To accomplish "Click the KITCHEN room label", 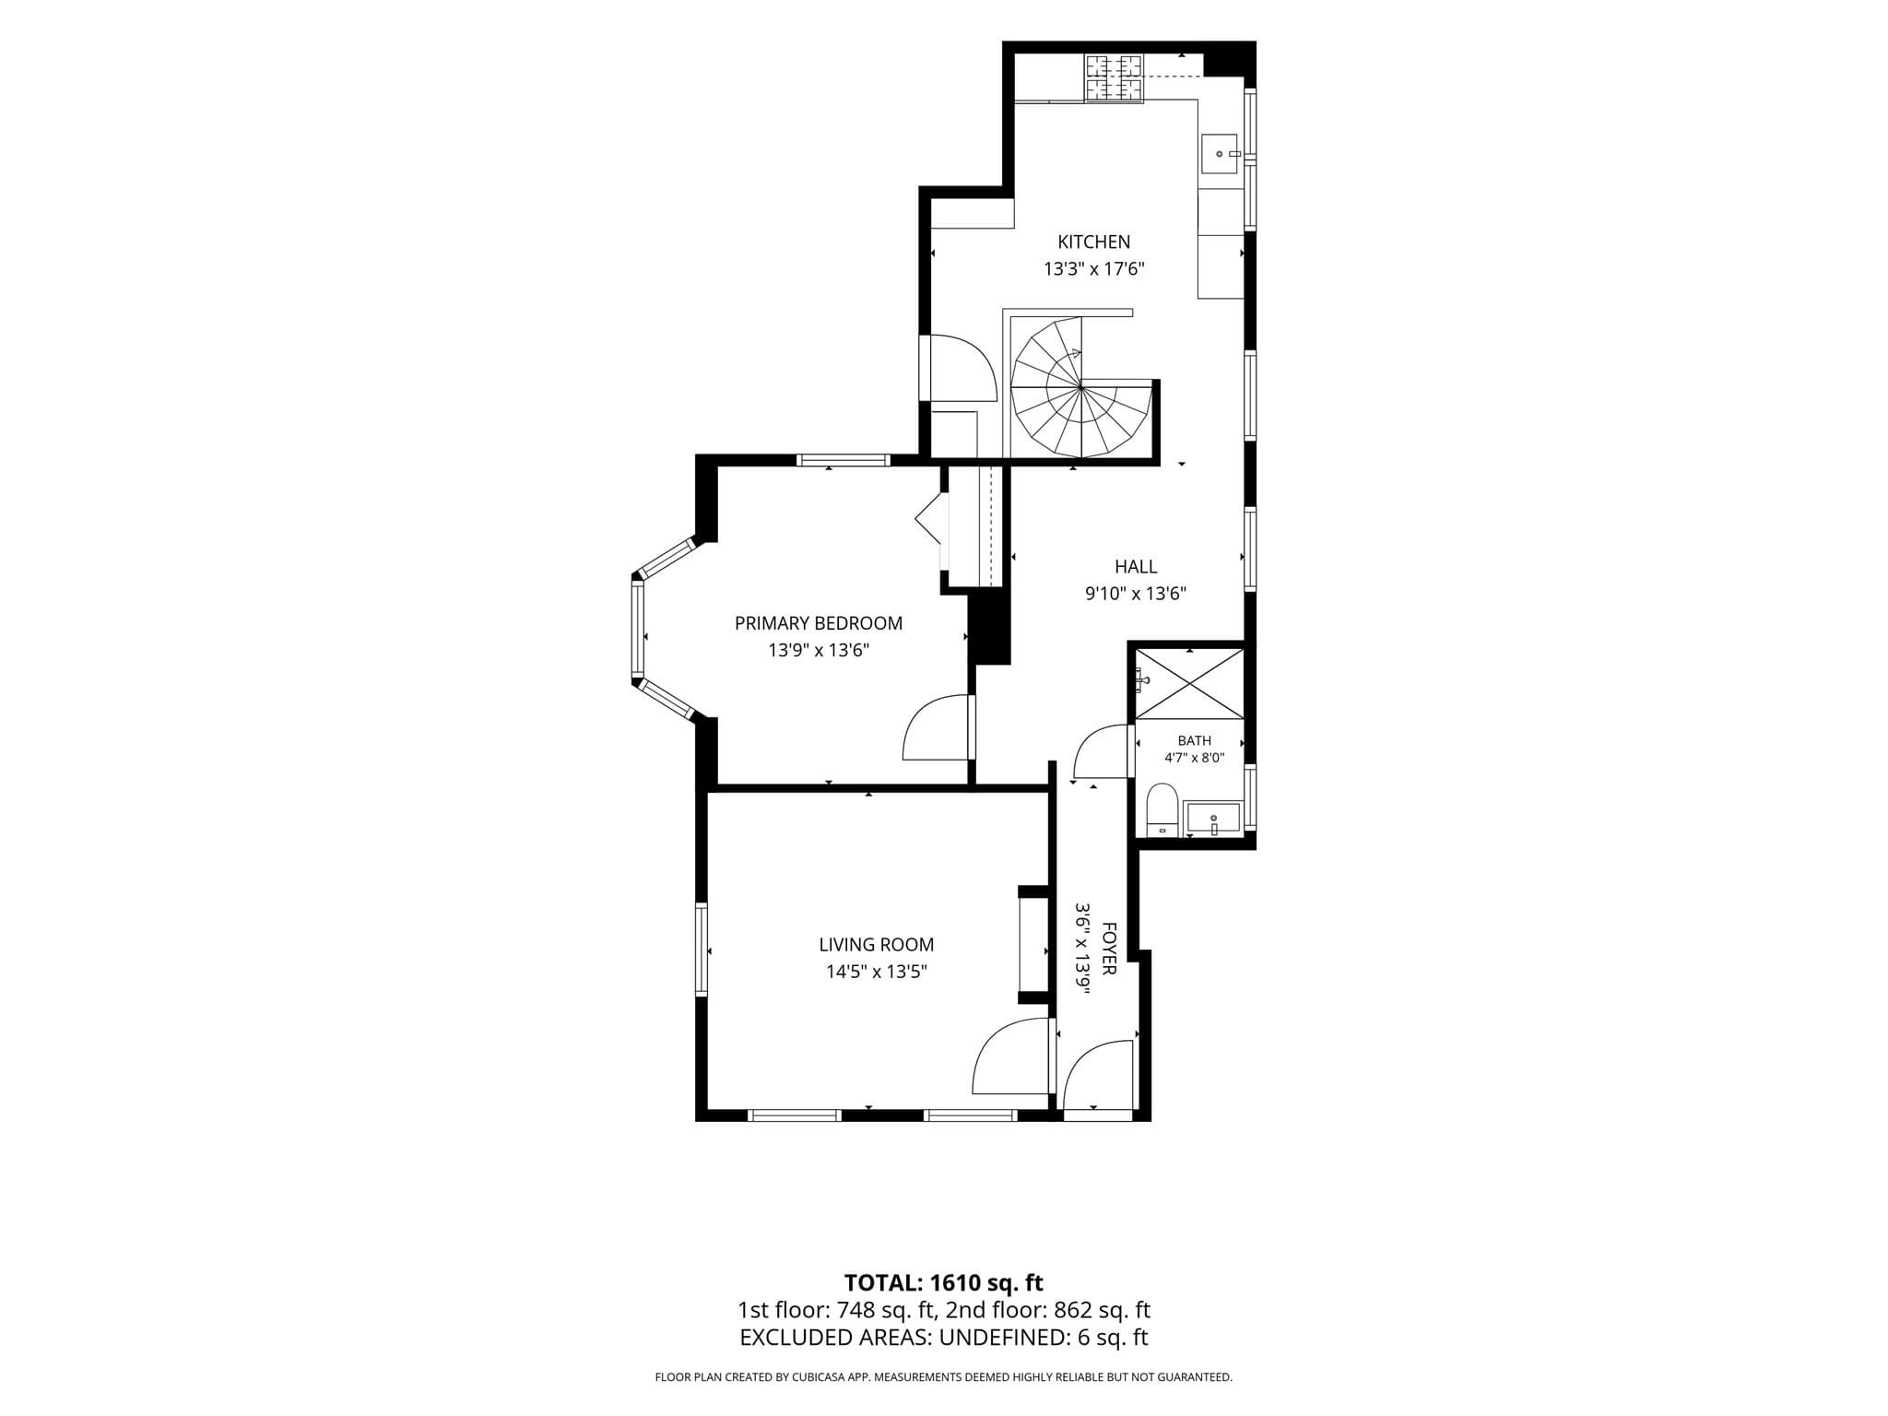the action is coord(1093,242).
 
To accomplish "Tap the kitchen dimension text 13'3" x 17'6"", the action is coord(1093,269).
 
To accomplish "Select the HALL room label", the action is coord(1136,567).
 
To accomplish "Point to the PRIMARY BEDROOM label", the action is coord(819,623).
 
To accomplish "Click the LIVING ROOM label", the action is coord(877,945).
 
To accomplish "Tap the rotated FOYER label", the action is coord(1109,949).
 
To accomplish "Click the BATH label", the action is coord(1195,740).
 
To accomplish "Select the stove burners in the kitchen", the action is coord(1115,78).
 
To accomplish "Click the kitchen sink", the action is coord(1219,154).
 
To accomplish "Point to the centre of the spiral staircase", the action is coord(1081,387).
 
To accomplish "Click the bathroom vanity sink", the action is coord(1213,818).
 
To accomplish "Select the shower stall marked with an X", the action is coord(1190,682).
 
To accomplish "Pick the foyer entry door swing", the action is coord(1098,1075).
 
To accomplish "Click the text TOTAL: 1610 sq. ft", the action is coord(944,1282).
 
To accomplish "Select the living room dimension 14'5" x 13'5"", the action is coord(877,972).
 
